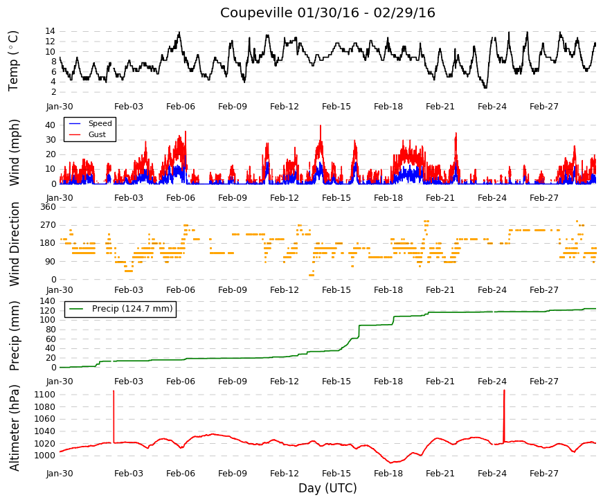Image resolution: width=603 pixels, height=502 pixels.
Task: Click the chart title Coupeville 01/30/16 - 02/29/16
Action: pos(327,12)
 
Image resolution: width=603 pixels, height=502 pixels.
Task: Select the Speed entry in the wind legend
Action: pos(100,123)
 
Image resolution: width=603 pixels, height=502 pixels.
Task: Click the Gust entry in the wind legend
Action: pos(97,134)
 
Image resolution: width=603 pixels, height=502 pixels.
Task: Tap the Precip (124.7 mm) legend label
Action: pos(132,309)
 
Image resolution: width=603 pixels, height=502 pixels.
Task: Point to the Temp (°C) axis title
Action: pos(13,61)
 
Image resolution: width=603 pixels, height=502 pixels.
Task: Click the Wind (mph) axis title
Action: pos(14,153)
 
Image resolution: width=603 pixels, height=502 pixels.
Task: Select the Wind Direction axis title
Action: pos(14,244)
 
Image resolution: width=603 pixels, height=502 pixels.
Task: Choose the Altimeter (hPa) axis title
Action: pos(14,428)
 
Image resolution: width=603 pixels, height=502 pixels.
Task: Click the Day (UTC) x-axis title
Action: pos(327,487)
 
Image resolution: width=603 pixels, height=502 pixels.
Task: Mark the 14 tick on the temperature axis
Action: pos(50,31)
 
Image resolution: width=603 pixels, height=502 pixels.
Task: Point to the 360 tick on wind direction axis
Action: pos(48,207)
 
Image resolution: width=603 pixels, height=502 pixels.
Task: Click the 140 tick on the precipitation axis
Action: pos(48,301)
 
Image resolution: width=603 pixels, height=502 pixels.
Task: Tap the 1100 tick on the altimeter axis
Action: pos(44,394)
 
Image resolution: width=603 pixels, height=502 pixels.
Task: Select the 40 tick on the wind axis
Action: pos(50,125)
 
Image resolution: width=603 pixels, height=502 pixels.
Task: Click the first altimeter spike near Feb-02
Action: pos(114,417)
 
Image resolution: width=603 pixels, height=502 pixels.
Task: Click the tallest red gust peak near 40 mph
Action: pos(321,126)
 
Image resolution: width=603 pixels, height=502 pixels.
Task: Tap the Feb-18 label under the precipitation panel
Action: pos(388,382)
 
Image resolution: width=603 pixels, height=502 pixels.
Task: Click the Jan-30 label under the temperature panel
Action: pos(60,107)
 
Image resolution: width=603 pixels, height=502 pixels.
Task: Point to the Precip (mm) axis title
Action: pos(14,336)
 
